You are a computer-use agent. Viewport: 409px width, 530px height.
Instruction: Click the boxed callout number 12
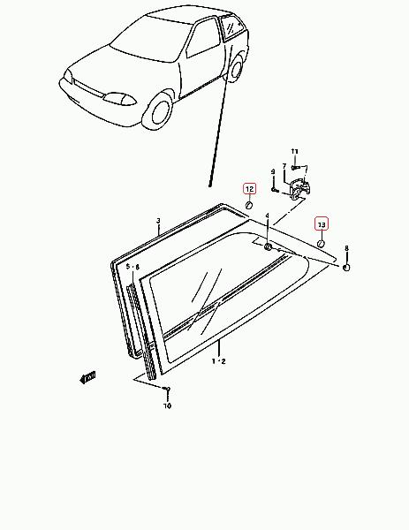pos(250,189)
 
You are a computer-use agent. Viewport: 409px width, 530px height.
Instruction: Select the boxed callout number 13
pos(322,223)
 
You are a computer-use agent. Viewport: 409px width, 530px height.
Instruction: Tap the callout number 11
pos(295,151)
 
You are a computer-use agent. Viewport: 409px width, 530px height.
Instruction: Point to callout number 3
pos(158,221)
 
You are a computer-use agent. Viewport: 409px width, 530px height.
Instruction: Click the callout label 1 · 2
pos(219,361)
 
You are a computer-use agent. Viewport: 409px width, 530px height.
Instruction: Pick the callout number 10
pos(167,405)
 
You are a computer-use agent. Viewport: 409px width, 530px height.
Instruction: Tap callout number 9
pos(273,171)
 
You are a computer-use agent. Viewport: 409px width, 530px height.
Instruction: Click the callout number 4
pos(267,216)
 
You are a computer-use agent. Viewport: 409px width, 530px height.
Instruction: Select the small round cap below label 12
pos(249,205)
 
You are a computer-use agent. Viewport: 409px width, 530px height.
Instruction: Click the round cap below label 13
pos(322,243)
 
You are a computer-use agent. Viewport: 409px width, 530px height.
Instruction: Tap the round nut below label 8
pos(346,268)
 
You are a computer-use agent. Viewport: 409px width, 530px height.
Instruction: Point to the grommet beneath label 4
pos(268,246)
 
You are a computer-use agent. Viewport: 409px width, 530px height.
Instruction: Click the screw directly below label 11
pos(295,167)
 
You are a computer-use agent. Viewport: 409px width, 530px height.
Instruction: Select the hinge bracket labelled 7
pos(299,190)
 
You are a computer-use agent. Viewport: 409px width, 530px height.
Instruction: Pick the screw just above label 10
pos(167,390)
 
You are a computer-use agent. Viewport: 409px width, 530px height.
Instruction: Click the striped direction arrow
pos(87,377)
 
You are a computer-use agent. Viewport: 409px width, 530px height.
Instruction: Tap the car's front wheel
pos(159,111)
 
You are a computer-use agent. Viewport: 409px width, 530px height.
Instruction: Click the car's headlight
pos(120,99)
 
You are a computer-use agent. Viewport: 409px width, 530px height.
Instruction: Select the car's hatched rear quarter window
pos(231,26)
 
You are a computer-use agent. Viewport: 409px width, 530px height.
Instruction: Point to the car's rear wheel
pos(236,68)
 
